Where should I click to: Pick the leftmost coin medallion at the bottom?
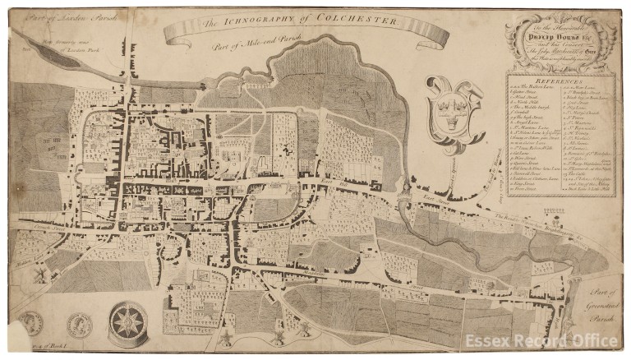coord(30,323)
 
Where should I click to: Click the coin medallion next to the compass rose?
coord(81,324)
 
